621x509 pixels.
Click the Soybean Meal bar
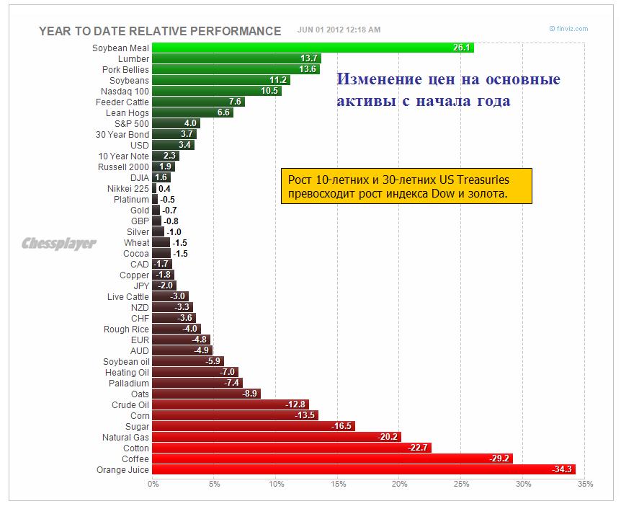(313, 48)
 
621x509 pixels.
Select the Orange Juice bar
(364, 469)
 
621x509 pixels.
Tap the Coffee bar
(332, 459)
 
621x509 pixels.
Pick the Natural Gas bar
(277, 436)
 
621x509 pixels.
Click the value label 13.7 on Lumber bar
(310, 58)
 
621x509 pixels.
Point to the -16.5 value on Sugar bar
(341, 426)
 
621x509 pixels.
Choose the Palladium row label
(130, 383)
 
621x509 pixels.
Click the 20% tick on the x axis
(399, 484)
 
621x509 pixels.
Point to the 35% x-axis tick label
(584, 484)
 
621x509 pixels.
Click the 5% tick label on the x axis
(214, 484)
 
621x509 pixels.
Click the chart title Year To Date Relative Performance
(159, 31)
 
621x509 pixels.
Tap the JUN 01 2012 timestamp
(339, 30)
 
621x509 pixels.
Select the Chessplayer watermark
(59, 244)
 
